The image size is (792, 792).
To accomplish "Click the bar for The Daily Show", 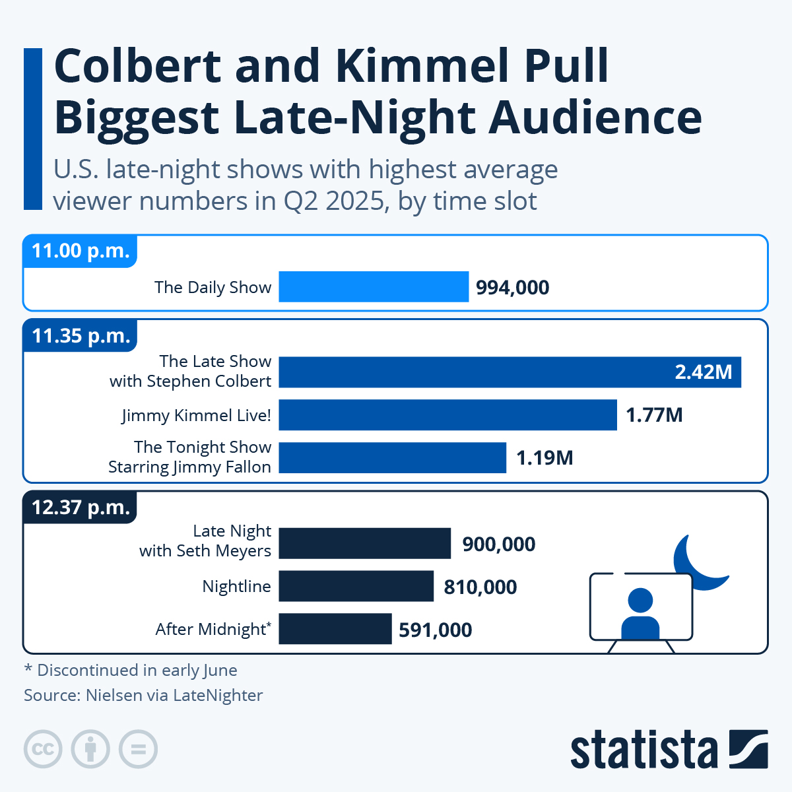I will tap(374, 286).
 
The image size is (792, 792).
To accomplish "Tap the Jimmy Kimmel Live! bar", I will tap(447, 415).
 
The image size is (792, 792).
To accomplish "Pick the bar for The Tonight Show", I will tap(392, 457).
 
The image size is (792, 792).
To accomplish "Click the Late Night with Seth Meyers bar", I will tap(364, 544).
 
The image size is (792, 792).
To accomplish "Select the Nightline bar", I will tap(356, 586).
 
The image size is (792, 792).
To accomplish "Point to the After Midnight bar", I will tap(335, 629).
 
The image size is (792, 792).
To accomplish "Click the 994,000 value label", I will tap(513, 288).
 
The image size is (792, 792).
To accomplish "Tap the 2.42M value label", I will tap(703, 372).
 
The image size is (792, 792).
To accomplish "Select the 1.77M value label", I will tap(654, 415).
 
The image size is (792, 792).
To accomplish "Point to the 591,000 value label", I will tap(436, 630).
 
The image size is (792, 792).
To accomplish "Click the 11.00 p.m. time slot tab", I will tap(81, 251).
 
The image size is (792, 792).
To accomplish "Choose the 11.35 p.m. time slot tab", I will tap(81, 336).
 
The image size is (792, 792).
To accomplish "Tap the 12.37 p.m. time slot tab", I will tap(81, 508).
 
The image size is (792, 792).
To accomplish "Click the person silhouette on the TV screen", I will tap(640, 614).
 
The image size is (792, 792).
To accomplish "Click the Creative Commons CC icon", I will tap(44, 750).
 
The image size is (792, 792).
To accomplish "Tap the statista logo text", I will tap(643, 750).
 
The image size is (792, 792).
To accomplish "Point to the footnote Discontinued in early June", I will tap(131, 671).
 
